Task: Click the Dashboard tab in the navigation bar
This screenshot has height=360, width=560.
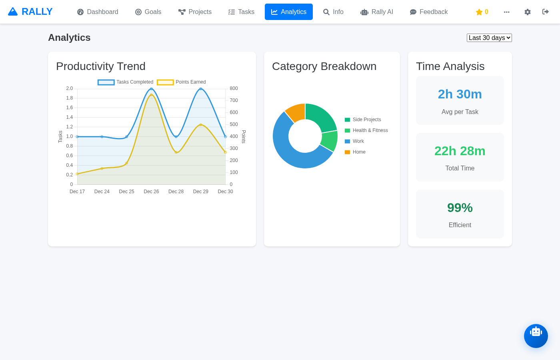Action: [x=98, y=12]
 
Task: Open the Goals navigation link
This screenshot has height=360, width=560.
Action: [x=148, y=12]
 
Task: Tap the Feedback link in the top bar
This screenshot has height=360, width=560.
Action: [x=428, y=12]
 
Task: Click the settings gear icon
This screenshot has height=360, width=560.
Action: [x=527, y=12]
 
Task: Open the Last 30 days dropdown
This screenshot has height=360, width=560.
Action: [x=489, y=38]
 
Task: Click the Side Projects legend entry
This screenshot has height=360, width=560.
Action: [x=363, y=120]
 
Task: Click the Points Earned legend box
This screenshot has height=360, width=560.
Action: [x=165, y=82]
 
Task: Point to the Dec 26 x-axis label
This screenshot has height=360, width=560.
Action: [x=151, y=192]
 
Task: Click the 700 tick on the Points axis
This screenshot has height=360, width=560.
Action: [x=234, y=100]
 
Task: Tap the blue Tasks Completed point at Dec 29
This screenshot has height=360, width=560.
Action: [x=201, y=89]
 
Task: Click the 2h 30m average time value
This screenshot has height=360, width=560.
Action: [x=460, y=94]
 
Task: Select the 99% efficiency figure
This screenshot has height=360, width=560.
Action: [x=460, y=208]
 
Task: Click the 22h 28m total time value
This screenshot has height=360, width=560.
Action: [x=460, y=151]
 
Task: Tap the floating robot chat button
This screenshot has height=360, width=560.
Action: [x=536, y=336]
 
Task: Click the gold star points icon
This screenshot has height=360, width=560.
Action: [x=479, y=12]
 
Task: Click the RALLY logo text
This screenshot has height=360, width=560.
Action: [x=37, y=12]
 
